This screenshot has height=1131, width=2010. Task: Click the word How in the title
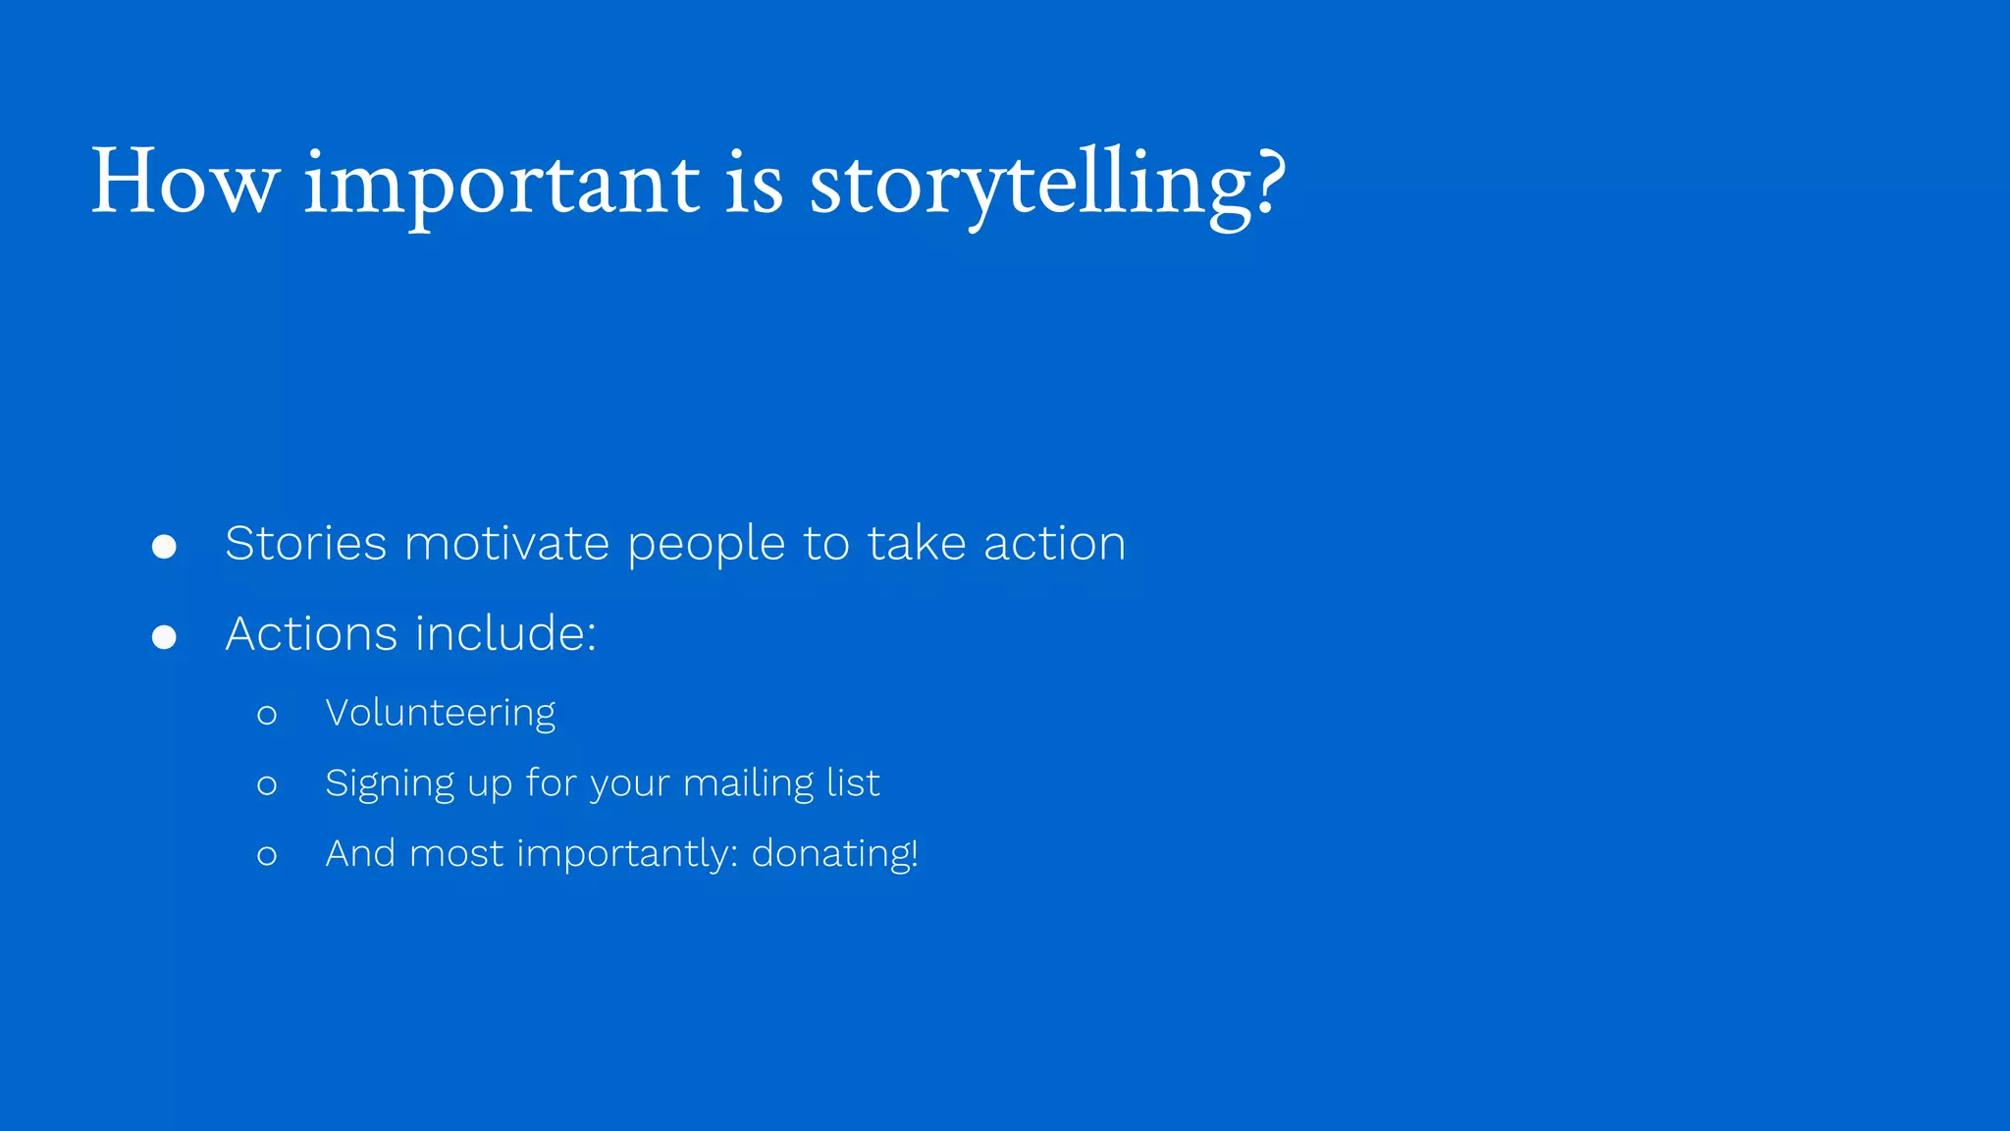click(x=185, y=183)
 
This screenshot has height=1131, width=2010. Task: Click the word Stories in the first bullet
click(x=306, y=544)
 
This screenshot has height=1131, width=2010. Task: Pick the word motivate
click(x=506, y=544)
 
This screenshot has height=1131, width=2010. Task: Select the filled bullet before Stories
click(x=164, y=547)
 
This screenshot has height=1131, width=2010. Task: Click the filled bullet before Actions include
click(x=164, y=638)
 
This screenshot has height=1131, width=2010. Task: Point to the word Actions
click(x=312, y=634)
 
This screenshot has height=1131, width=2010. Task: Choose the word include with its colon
click(x=505, y=634)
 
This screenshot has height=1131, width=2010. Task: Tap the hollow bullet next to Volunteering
click(x=267, y=716)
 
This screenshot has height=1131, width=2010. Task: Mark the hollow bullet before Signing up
click(x=267, y=785)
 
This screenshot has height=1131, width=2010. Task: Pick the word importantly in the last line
click(x=627, y=855)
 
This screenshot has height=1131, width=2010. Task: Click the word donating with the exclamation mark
click(x=834, y=854)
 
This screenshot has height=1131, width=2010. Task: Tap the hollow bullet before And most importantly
click(x=267, y=856)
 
